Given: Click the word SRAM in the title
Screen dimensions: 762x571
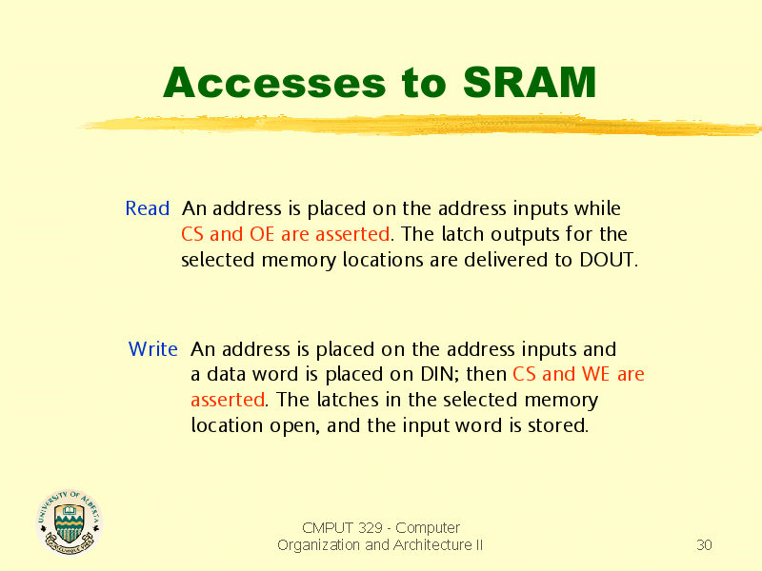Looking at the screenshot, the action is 530,83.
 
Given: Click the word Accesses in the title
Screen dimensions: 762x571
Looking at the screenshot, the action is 274,83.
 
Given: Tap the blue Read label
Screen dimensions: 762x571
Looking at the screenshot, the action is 148,208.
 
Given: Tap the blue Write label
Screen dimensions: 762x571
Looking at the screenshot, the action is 153,349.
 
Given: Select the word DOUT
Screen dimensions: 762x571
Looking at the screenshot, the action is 607,260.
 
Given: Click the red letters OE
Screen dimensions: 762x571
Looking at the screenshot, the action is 262,234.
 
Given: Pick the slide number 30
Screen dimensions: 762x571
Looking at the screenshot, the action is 704,545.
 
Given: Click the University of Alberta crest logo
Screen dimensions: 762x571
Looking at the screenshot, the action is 69,522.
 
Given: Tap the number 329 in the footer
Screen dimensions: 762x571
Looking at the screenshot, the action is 371,528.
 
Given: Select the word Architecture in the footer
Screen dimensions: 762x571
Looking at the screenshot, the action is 432,545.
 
